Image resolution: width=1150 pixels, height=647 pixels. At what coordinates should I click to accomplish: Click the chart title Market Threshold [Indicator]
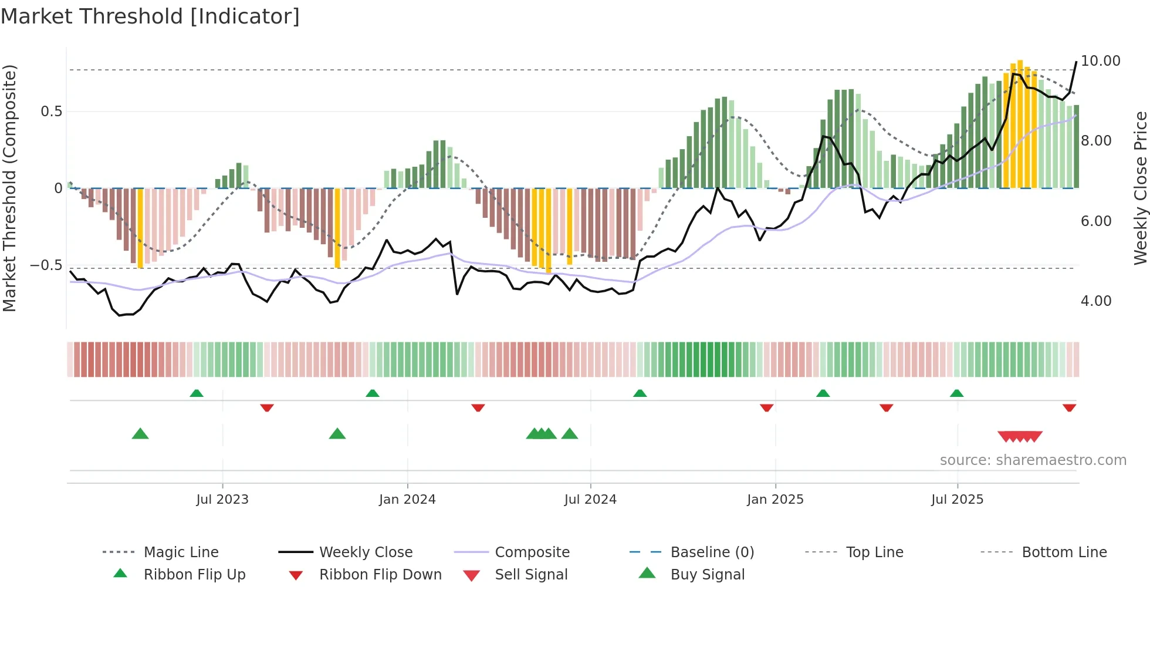pos(150,16)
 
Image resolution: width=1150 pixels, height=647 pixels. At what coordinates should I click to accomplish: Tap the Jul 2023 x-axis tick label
pos(222,500)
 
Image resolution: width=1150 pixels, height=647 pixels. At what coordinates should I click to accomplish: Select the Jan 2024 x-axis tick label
pos(407,500)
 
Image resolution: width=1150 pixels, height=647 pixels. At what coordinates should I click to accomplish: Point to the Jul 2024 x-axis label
pos(590,500)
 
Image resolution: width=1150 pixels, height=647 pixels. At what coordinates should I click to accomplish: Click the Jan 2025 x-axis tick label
pos(775,500)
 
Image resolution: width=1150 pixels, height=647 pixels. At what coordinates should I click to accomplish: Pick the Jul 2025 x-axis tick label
pos(957,500)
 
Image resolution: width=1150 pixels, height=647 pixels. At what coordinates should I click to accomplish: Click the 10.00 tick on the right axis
pos(1100,61)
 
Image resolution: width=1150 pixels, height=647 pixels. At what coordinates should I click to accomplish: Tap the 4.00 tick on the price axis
pos(1096,301)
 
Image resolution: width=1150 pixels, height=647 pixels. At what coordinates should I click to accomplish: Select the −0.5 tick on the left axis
pos(46,265)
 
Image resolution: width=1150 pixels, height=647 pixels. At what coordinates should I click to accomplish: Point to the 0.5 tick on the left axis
pos(51,112)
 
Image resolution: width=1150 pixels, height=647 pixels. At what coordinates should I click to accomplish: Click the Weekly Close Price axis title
pos(1140,188)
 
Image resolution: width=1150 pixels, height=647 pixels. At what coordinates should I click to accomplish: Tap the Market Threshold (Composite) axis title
pos(9,188)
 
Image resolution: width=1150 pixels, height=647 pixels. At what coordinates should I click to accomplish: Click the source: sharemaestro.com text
pos(1033,460)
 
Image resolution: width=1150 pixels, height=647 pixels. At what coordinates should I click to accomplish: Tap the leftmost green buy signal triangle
pos(140,434)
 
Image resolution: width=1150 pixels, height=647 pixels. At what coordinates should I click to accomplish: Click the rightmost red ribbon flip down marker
pos(1069,407)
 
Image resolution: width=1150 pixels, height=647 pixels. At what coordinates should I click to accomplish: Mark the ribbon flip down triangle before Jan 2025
pos(766,407)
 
